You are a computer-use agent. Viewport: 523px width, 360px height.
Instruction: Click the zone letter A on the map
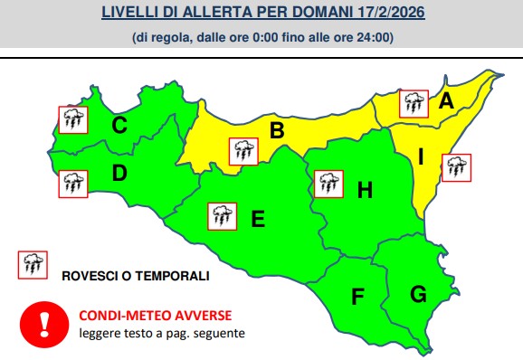pos(445,102)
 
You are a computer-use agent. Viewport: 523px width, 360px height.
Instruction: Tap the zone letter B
pos(277,131)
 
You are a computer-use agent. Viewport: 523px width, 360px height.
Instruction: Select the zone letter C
pos(119,125)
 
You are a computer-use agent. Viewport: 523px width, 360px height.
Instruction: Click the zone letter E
pos(257,218)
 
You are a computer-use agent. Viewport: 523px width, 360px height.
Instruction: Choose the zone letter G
pos(418,293)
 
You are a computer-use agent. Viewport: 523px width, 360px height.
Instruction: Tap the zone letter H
pos(365,189)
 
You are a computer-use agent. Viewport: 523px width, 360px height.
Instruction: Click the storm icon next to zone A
pos(414,102)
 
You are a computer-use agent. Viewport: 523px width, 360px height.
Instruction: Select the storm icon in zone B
pos(242,150)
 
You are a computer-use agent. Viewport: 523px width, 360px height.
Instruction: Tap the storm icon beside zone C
pos(72,118)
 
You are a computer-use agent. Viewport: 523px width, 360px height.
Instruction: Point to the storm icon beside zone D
pos(72,185)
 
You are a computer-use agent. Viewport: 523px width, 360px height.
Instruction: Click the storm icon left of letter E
pos(222,216)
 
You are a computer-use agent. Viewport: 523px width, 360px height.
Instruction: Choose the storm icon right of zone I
pos(455,166)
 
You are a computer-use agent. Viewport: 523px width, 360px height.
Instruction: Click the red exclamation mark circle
pos(44,322)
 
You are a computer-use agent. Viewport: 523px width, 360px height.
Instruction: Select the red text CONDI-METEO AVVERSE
pos(155,315)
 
